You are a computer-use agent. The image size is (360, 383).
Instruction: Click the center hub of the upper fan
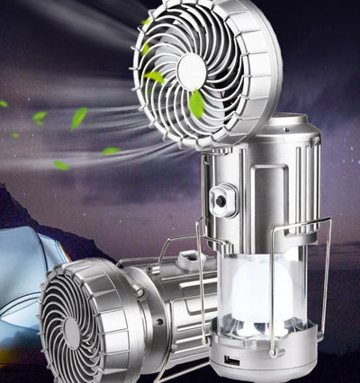tap(191, 70)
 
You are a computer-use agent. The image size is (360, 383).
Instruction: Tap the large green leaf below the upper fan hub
tap(196, 103)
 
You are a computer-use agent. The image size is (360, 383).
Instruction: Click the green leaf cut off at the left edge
tap(3, 103)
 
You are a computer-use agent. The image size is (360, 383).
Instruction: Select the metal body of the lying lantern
tap(162, 306)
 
